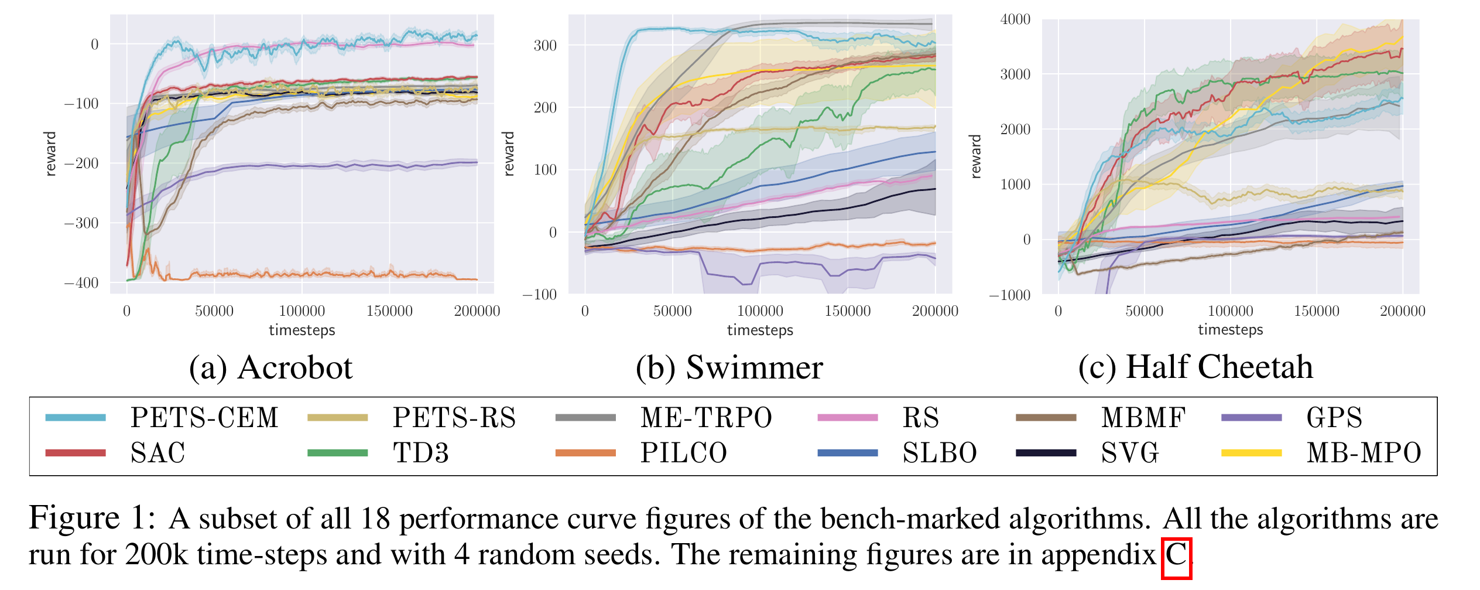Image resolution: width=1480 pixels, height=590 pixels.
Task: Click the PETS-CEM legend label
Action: pos(204,418)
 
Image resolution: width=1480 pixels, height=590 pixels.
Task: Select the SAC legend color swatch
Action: pos(76,453)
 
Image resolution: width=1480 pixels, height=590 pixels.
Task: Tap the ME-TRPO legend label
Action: pos(706,418)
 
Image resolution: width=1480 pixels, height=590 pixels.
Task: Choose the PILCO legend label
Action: pos(683,453)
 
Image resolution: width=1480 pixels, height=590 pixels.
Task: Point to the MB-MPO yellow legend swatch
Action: pos(1251,453)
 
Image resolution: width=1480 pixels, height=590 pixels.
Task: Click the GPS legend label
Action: pos(1334,418)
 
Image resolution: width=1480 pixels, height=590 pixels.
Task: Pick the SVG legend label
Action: pos(1130,453)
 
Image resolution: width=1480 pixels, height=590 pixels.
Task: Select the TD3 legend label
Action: pos(420,453)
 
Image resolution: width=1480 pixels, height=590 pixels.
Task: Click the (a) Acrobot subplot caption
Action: pos(270,368)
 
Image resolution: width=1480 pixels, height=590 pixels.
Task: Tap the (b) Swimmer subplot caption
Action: pos(729,368)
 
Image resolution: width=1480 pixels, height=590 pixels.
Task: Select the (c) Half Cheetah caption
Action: pos(1195,367)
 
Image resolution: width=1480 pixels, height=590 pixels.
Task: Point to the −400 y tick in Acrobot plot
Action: pos(81,283)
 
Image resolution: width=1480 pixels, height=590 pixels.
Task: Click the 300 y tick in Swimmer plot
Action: pos(544,46)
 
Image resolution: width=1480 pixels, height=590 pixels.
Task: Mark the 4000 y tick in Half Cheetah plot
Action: pos(1015,19)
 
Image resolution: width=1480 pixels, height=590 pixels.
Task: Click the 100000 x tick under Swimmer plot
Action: pos(760,311)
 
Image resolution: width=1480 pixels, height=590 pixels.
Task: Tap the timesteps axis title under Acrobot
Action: pos(302,330)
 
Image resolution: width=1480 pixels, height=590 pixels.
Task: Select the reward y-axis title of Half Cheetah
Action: pos(975,156)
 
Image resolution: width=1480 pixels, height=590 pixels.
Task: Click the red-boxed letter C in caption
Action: pos(1176,554)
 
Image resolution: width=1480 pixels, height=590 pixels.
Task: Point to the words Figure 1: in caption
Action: pos(92,519)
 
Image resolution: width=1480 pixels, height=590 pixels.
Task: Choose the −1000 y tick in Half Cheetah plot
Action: pos(1009,295)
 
